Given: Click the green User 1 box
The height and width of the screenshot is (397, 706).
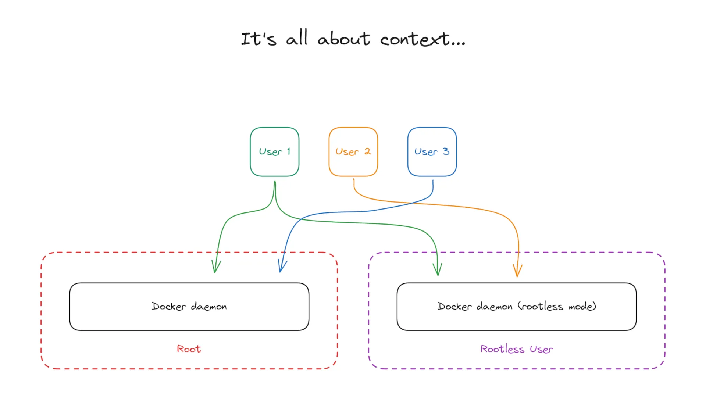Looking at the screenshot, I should click(x=274, y=152).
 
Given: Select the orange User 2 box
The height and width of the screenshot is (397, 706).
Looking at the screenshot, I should click(x=353, y=152).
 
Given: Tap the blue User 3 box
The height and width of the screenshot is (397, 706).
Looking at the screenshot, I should click(x=432, y=152).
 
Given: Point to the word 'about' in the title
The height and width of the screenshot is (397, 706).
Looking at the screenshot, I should click(x=343, y=39).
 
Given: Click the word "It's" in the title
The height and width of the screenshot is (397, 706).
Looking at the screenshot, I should click(x=258, y=39).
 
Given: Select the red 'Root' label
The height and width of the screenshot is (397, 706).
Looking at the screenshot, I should click(x=189, y=349).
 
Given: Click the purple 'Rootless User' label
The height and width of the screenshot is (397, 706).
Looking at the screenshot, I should click(x=516, y=349).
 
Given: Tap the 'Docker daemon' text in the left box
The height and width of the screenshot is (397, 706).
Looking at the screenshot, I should click(x=189, y=306).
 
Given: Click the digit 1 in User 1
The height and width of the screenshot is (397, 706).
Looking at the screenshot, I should click(x=289, y=151).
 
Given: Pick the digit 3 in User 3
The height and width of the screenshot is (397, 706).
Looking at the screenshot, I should click(x=446, y=151).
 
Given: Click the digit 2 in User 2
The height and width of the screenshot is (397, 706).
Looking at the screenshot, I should click(x=367, y=151).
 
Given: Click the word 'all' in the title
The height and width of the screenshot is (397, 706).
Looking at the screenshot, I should click(x=296, y=38).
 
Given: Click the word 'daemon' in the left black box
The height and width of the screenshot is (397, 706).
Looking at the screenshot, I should click(x=208, y=307).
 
